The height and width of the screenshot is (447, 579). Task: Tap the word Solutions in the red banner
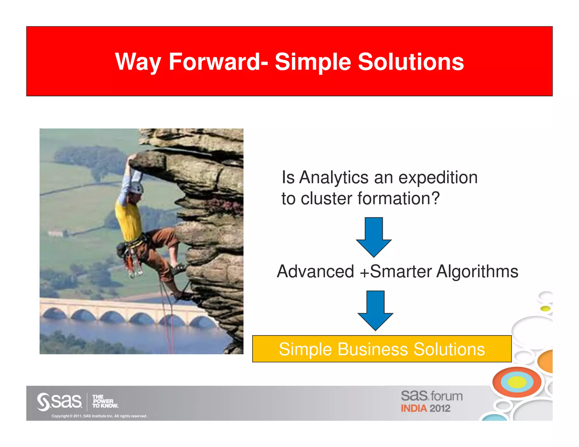pyautogui.click(x=411, y=62)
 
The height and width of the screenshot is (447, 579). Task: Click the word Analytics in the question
pyautogui.click(x=334, y=178)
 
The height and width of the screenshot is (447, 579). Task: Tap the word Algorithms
pyautogui.click(x=477, y=272)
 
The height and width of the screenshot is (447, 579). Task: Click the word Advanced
pyautogui.click(x=315, y=272)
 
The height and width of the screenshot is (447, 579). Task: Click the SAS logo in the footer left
pyautogui.click(x=59, y=401)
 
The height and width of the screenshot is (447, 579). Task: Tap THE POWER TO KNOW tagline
pyautogui.click(x=105, y=402)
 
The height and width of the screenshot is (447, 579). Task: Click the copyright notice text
pyautogui.click(x=99, y=416)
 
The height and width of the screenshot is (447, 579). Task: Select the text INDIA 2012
pyautogui.click(x=425, y=408)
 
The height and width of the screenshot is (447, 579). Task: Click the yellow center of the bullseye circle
pyautogui.click(x=517, y=382)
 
